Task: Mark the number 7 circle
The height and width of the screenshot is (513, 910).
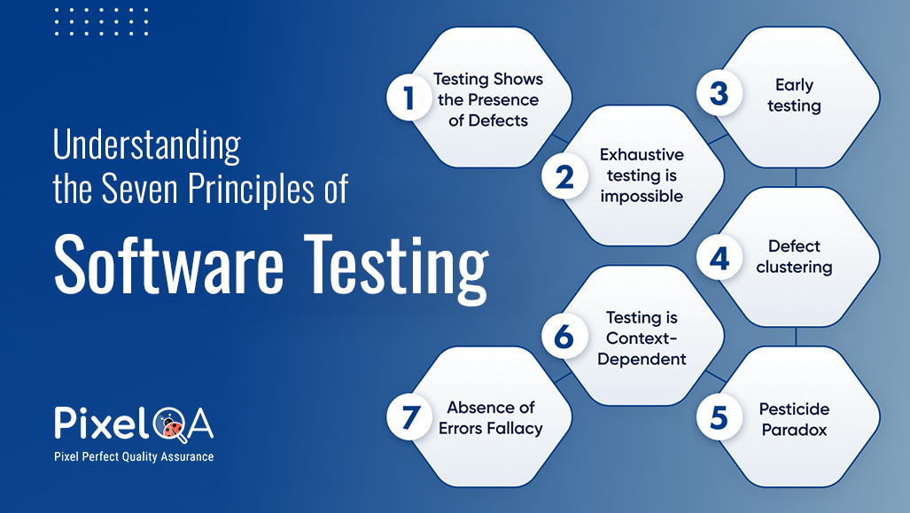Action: pos(408,418)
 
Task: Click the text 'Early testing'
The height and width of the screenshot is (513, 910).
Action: pos(794,96)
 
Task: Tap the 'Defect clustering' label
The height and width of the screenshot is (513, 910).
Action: pos(794,257)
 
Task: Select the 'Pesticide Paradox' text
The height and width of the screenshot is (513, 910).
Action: pos(794,419)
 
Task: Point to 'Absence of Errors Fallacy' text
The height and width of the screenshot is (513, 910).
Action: pos(490,418)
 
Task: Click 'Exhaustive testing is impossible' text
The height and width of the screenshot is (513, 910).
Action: pos(642,175)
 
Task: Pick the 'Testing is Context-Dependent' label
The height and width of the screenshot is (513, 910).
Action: pos(642,338)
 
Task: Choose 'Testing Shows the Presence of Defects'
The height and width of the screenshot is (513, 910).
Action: pos(488,99)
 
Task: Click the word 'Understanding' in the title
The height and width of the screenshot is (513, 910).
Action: pos(146,145)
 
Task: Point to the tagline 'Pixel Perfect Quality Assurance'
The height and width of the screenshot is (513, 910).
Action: pos(134,457)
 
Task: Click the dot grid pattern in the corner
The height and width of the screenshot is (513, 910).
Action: pos(101,21)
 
